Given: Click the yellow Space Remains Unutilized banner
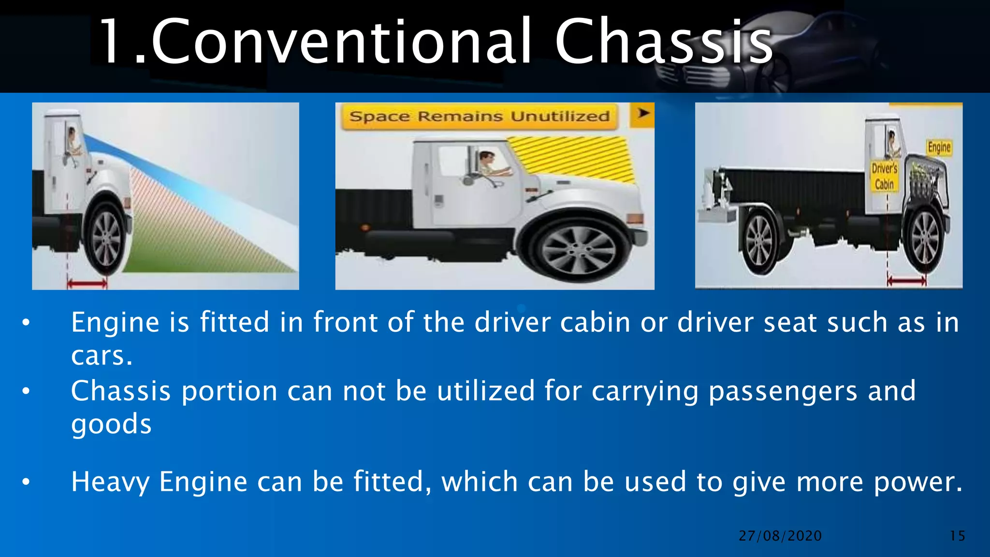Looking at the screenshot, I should click(479, 117).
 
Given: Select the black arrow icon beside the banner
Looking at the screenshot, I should click(643, 114).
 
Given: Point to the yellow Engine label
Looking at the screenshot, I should click(939, 147).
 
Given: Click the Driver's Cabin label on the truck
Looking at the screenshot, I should click(884, 176).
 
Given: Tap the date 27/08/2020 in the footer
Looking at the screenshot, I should click(780, 536).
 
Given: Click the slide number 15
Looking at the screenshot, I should click(957, 536).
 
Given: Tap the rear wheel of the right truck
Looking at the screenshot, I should click(759, 240).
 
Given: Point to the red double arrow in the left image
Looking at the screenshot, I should click(87, 283).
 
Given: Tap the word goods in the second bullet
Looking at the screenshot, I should click(111, 425).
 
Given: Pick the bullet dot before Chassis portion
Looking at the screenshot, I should click(26, 391).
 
